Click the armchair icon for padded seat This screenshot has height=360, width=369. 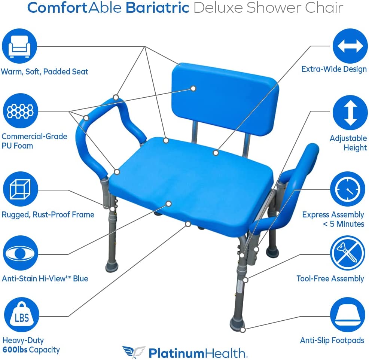pyautogui.click(x=19, y=46)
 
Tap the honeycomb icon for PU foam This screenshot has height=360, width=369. pyautogui.click(x=19, y=110)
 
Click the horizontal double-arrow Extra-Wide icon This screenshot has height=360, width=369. pyautogui.click(x=350, y=46)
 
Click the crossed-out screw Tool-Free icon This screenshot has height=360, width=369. pyautogui.click(x=348, y=253)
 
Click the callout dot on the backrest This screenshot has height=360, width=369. pyautogui.click(x=193, y=88)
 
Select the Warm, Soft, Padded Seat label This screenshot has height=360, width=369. pyautogui.click(x=45, y=71)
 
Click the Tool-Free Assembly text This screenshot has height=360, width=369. pyautogui.click(x=330, y=279)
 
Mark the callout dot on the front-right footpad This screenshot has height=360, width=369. pyautogui.click(x=243, y=330)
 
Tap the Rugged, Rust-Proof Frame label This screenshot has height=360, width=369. pyautogui.click(x=48, y=214)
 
